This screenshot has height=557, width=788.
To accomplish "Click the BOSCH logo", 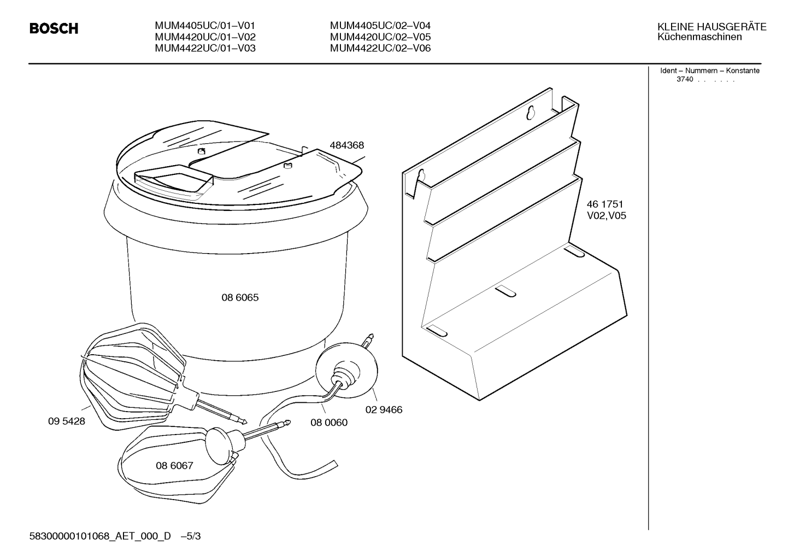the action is [x=54, y=28].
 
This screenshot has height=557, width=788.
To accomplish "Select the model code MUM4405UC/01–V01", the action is [x=205, y=26].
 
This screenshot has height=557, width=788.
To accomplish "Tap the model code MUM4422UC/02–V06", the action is [x=380, y=48].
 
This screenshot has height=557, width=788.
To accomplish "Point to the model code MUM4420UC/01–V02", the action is [x=205, y=37].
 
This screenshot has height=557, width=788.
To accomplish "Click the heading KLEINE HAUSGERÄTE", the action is [x=711, y=27].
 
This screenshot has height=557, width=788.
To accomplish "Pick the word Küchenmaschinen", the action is [x=699, y=37].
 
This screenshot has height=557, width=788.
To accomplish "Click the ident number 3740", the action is [x=685, y=79].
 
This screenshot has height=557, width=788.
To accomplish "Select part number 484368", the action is [x=346, y=145].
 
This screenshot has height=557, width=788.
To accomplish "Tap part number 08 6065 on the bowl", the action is [x=240, y=298].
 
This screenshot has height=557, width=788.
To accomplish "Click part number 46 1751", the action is [x=605, y=204].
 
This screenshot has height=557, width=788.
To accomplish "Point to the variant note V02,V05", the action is [x=607, y=216].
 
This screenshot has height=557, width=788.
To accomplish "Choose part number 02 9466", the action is [x=384, y=410].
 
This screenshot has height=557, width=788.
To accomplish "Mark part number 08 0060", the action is [x=329, y=423].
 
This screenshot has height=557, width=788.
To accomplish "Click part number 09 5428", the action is [x=67, y=421].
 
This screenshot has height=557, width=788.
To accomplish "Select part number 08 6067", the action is [x=174, y=466].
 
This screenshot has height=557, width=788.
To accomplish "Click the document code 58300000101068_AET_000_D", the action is [x=100, y=536].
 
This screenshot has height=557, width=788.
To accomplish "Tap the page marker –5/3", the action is [x=191, y=536].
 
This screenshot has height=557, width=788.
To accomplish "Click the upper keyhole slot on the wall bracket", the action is [x=531, y=113].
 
